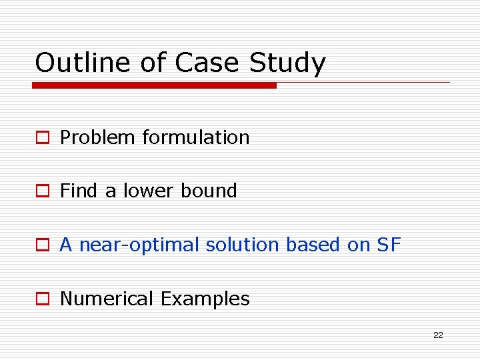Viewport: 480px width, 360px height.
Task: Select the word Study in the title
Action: [288, 64]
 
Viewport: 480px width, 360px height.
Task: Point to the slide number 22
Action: [438, 335]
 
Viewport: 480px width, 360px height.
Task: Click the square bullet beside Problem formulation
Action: [43, 138]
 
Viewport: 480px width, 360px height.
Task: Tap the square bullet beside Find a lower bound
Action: [43, 191]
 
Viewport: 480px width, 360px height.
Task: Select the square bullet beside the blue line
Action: [43, 245]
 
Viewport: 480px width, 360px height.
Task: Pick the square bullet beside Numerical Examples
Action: [43, 299]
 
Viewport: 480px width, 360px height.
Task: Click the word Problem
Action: [98, 138]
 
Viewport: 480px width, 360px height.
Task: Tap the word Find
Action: [79, 191]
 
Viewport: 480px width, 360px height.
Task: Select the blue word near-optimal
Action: [139, 245]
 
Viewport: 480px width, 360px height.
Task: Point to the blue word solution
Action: [243, 245]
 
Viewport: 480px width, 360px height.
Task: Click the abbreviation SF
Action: [389, 245]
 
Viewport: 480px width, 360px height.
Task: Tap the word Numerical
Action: [107, 299]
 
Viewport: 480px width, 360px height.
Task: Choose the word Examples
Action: [205, 299]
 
